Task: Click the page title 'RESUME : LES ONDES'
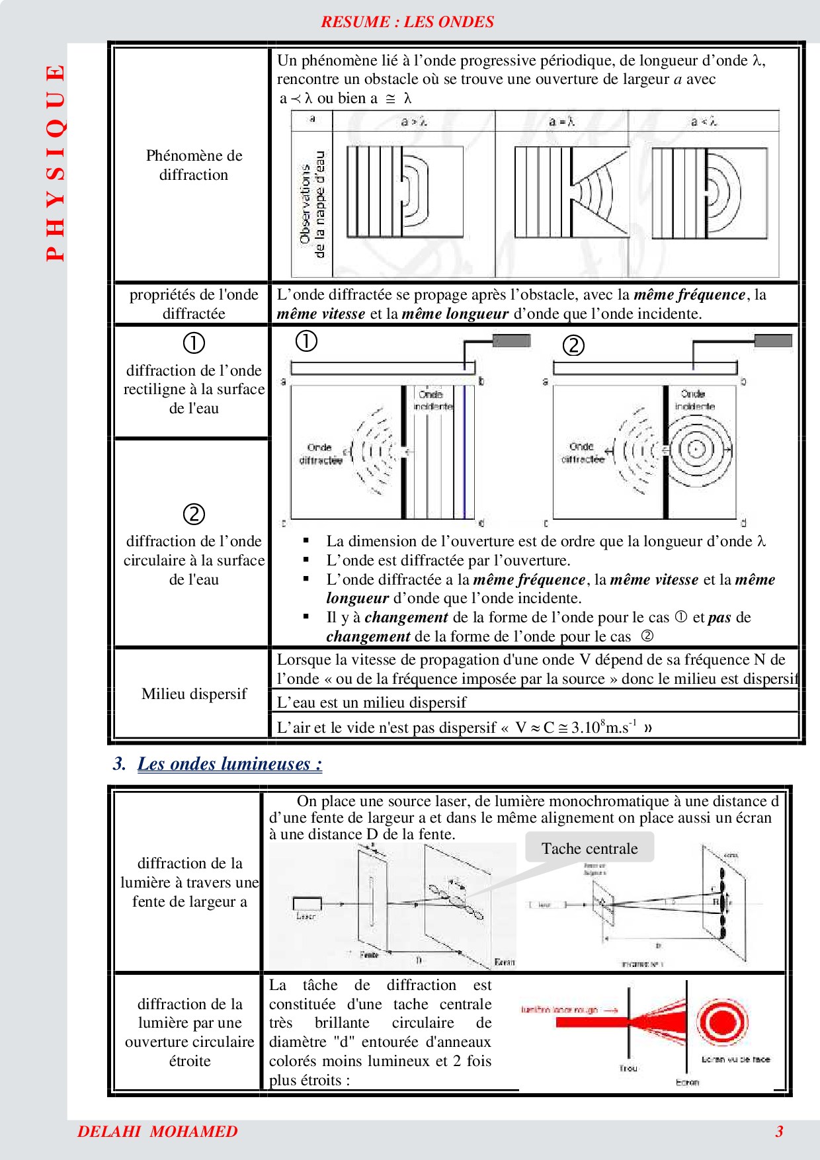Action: coord(407,22)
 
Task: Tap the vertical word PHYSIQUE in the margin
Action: coord(56,162)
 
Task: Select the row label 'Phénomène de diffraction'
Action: coord(194,165)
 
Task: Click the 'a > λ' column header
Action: coord(414,122)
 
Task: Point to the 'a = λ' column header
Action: coord(562,122)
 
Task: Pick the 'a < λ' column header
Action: coord(704,122)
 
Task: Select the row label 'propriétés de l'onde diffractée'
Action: coord(194,304)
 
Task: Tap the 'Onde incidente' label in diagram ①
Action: coord(432,400)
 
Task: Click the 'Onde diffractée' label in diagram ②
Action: coord(583,452)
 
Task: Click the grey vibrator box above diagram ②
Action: coord(773,341)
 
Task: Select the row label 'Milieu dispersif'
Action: coord(194,694)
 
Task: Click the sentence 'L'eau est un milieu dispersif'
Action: coord(372,702)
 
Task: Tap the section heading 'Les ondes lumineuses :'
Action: coord(229,764)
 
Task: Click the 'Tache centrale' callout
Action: coord(589,849)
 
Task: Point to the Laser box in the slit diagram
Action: coord(307,904)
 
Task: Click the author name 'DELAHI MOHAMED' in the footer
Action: coord(157,1132)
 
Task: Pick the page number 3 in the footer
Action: coord(779,1132)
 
